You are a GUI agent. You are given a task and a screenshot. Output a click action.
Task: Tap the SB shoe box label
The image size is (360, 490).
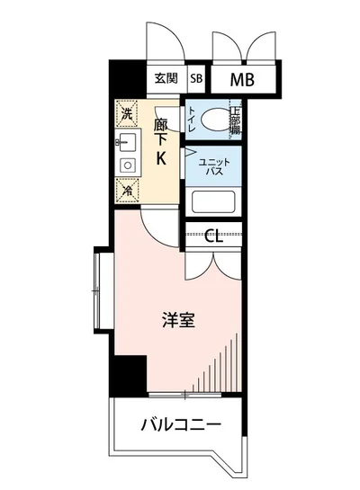click(196, 78)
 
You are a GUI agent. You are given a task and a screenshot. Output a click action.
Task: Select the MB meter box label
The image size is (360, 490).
click(241, 79)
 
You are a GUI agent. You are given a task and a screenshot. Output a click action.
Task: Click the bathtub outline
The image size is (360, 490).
click(213, 202)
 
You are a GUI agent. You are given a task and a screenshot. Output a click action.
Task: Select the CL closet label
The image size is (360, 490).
click(214, 236)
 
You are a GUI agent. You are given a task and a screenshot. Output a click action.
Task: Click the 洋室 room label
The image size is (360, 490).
click(179, 321)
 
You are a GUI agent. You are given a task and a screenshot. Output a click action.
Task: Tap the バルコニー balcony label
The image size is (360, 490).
click(180, 424)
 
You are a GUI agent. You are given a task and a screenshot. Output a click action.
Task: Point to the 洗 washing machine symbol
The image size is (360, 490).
click(127, 114)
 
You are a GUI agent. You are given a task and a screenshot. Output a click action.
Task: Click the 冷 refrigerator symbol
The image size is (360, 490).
click(127, 191)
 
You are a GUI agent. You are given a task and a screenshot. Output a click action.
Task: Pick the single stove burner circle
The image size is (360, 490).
click(126, 165)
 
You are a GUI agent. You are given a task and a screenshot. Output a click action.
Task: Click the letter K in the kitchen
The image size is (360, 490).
click(163, 161)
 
